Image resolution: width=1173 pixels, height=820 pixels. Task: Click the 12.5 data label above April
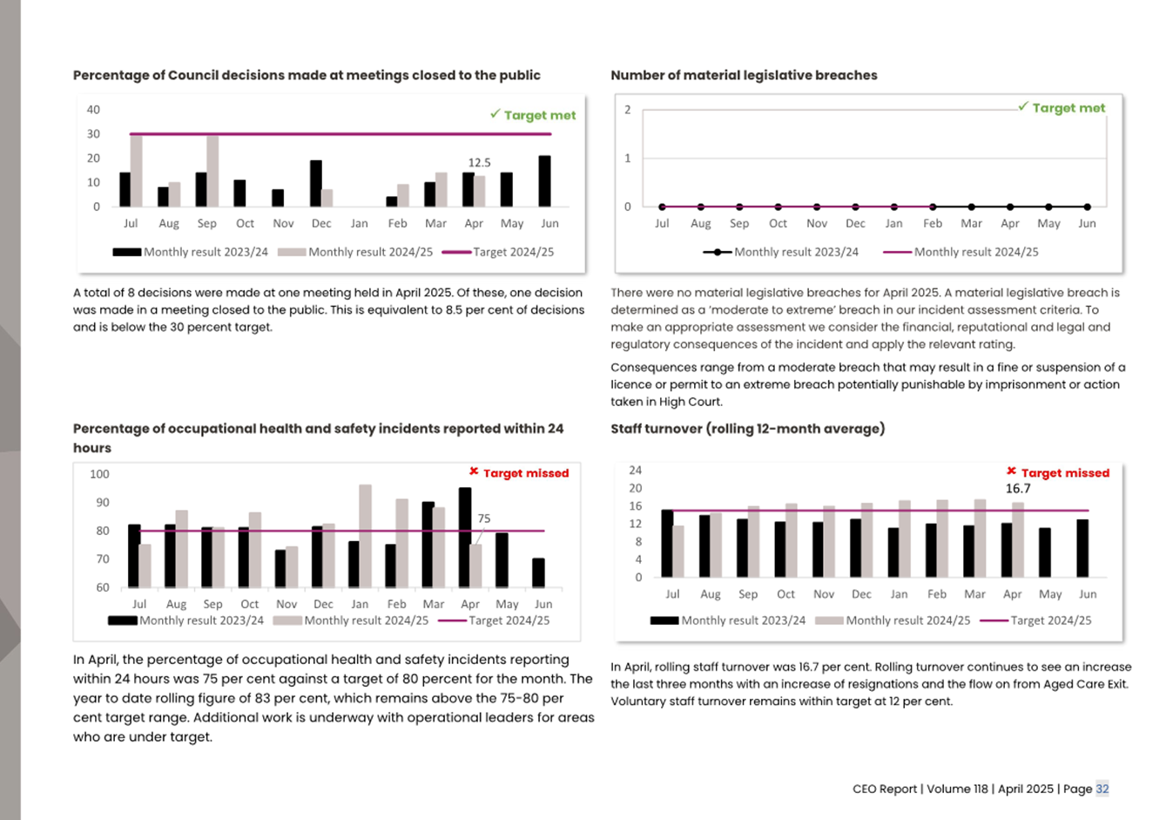(x=479, y=163)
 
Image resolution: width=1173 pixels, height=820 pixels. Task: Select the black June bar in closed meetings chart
(x=544, y=181)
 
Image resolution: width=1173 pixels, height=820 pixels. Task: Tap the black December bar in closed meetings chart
(x=316, y=184)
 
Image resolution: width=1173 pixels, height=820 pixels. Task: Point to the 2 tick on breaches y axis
(x=627, y=110)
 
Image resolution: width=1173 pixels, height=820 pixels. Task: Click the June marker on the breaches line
(x=1087, y=207)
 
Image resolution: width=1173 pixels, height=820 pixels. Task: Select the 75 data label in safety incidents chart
(x=484, y=518)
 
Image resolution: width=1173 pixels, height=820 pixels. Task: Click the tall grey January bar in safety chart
(x=365, y=536)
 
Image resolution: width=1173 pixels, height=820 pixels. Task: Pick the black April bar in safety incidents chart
(x=465, y=537)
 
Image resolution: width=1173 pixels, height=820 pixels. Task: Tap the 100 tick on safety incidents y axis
(x=99, y=474)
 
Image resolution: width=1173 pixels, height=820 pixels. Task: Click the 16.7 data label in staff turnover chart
(x=1018, y=489)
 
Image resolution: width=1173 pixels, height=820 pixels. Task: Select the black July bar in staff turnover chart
(x=667, y=544)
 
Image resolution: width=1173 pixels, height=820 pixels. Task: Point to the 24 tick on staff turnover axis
(x=636, y=471)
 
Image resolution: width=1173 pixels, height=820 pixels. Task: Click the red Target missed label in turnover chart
(x=1064, y=473)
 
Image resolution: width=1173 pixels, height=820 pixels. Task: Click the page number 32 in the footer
(x=1102, y=789)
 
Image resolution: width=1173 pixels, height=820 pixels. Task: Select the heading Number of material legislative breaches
(x=744, y=76)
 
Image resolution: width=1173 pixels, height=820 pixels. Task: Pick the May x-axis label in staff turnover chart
(x=1050, y=594)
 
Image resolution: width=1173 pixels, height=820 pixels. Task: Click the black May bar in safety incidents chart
(x=502, y=559)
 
